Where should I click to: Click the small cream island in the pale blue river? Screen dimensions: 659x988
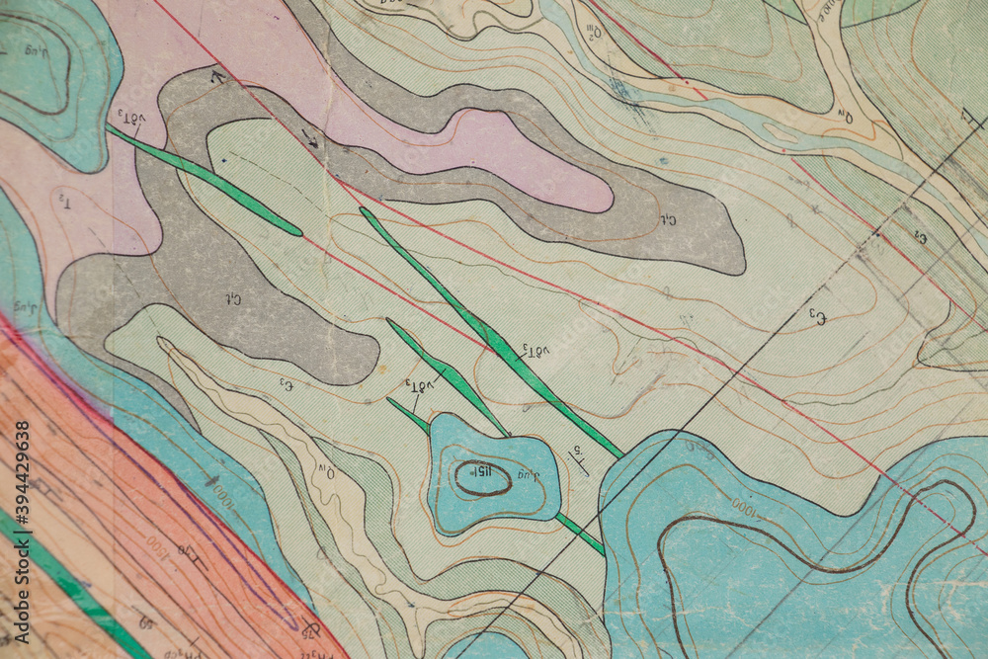click(782, 132)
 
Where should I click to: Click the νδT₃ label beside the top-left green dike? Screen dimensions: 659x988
click(126, 117)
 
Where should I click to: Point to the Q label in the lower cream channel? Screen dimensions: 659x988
click(325, 475)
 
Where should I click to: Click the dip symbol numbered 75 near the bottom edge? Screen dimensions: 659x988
click(310, 626)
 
